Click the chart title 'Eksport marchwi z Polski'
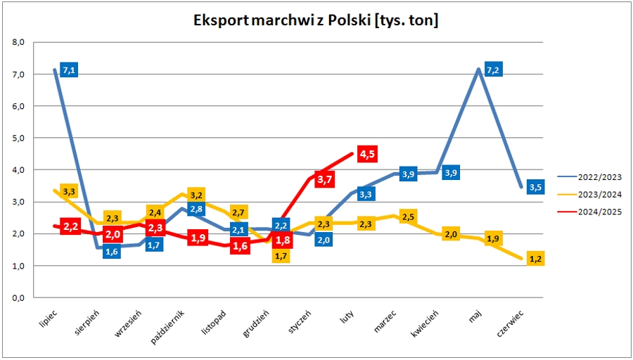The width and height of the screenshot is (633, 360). [x=316, y=20]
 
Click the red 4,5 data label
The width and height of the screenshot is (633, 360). [x=367, y=154]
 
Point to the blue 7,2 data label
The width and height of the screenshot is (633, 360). [x=493, y=70]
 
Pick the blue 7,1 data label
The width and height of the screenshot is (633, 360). [x=69, y=70]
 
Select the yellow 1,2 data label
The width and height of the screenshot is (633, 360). [x=535, y=259]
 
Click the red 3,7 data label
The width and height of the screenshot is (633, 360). [x=325, y=179]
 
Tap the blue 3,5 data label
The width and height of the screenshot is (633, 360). [x=535, y=188]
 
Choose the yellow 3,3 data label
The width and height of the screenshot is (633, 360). [x=69, y=191]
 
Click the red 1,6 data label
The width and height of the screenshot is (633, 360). [x=239, y=246]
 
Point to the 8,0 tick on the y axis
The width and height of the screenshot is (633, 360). [x=18, y=42]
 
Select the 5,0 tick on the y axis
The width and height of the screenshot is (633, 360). [x=18, y=138]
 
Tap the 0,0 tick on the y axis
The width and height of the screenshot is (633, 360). [x=18, y=297]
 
